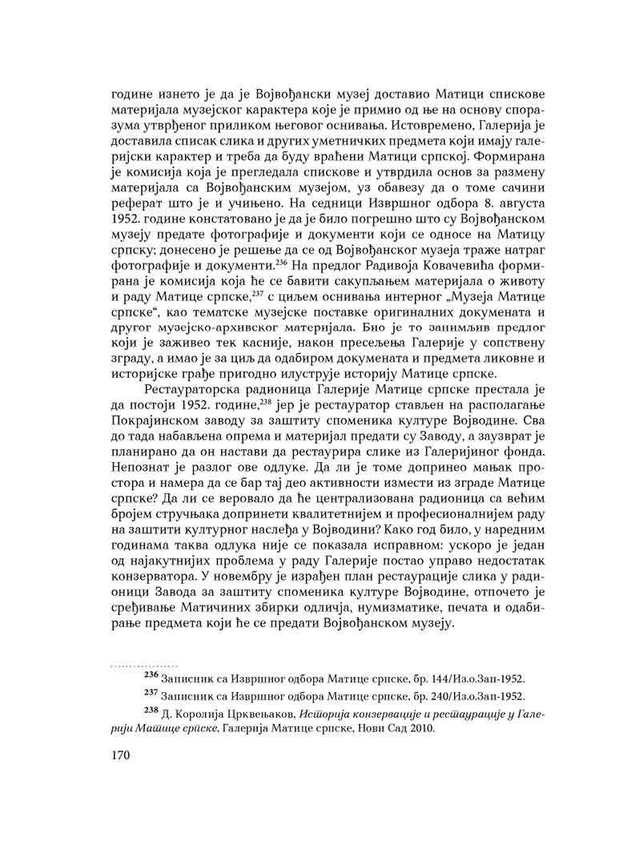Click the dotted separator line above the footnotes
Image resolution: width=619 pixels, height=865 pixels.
tap(143, 666)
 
